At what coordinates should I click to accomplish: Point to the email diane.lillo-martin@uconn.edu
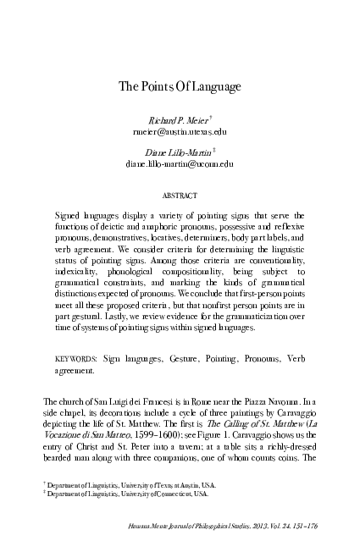(x=180, y=163)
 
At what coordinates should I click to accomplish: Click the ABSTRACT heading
(x=179, y=194)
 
